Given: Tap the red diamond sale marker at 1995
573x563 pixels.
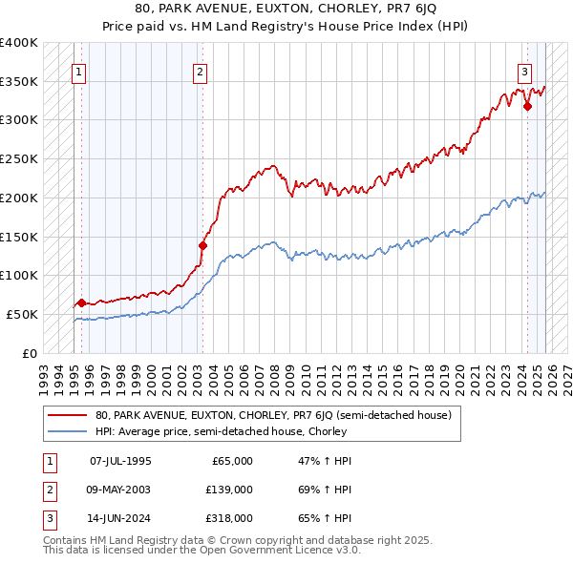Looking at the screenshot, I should click(81, 302).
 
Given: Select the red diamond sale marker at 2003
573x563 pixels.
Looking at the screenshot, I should click(202, 245).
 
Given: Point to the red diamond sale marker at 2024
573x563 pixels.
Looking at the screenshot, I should click(527, 106).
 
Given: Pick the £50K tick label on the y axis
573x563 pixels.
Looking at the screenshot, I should click(23, 314).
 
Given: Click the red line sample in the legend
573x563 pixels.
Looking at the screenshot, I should click(68, 415).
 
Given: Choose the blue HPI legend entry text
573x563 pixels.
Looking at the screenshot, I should click(220, 431).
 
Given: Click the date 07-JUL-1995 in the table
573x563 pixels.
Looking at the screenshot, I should click(120, 461).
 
